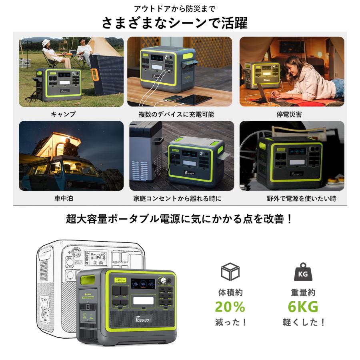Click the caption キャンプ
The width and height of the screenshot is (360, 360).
[x=63, y=114]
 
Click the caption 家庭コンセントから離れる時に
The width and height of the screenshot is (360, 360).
[x=177, y=198]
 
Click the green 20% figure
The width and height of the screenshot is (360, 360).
[x=230, y=307]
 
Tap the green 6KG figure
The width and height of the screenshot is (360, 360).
[x=303, y=307]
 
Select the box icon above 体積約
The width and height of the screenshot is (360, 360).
[x=230, y=272]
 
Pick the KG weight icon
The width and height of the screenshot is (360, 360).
[x=303, y=272]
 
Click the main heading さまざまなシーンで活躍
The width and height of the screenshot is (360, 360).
[x=175, y=23]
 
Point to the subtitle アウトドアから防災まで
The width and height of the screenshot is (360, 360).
[x=176, y=8]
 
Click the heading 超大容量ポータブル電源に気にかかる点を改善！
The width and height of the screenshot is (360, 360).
[x=180, y=219]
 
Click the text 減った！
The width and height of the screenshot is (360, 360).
[x=230, y=322]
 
